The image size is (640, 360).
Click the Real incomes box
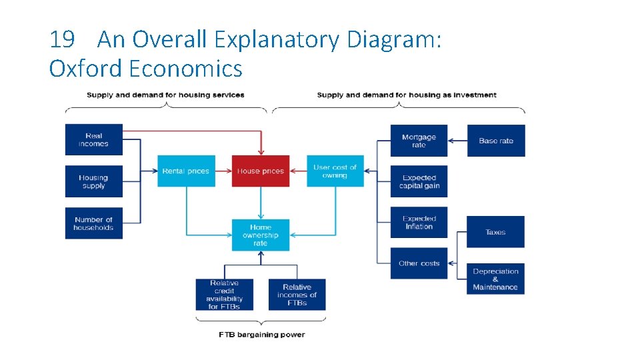94,140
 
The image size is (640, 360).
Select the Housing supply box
94,181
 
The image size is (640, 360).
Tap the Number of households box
94,223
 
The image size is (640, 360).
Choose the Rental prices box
186,171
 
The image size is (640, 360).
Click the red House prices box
261,171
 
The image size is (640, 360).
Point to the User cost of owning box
335,171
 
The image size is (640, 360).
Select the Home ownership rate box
261,235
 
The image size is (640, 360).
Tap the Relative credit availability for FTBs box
224,295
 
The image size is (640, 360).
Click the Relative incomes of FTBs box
297,295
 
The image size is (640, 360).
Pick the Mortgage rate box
419,141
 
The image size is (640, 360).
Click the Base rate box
496,141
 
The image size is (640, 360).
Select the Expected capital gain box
419,181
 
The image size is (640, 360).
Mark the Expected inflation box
419,223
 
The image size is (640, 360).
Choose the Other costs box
419,263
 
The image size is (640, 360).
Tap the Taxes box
495,232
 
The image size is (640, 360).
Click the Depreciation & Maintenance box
495,279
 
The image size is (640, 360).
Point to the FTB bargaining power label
261,335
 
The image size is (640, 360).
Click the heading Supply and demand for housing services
165,95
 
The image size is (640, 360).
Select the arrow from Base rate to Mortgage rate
457,141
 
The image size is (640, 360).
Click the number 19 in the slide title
62,40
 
